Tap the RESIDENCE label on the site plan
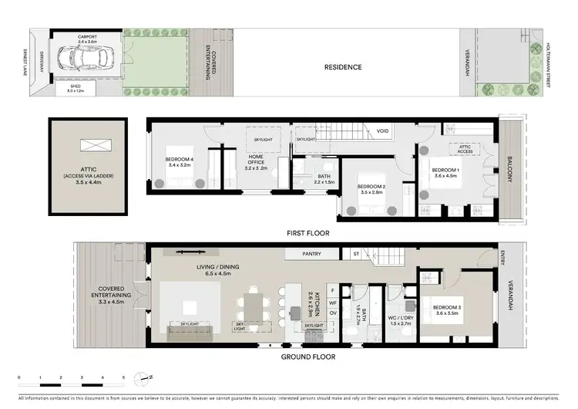342,67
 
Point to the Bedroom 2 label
372,187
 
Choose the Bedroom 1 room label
445,172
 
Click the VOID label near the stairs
382,132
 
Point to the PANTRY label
312,253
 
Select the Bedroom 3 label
449,309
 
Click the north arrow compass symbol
141,378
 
